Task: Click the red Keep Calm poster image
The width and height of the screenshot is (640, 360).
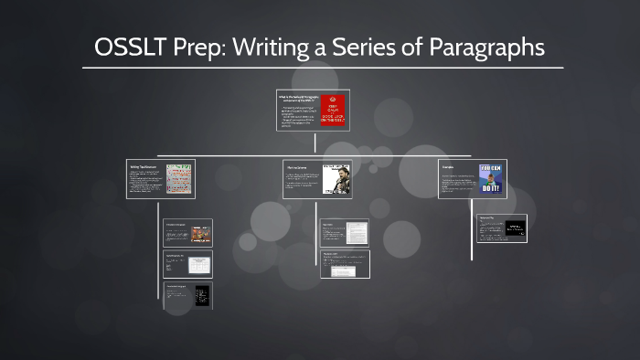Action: [x=334, y=111]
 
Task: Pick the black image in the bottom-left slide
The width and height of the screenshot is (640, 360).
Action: [x=201, y=295]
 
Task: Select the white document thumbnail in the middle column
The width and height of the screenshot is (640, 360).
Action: [x=356, y=233]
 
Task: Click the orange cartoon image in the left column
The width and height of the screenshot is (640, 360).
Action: [x=200, y=233]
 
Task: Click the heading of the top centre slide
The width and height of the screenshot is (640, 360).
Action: [x=299, y=96]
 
